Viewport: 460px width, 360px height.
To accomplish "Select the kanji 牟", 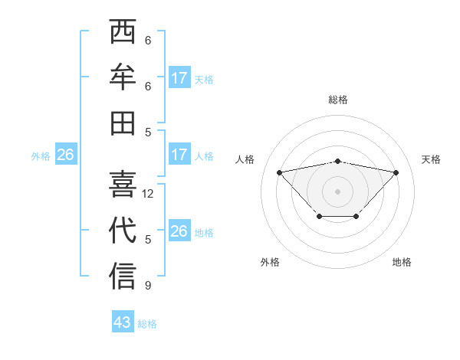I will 123,77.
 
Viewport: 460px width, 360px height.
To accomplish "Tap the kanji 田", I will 123,123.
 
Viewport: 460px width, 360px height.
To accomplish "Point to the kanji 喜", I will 123,183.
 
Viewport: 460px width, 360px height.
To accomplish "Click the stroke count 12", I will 148,194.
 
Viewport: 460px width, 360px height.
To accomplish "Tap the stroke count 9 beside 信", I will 148,286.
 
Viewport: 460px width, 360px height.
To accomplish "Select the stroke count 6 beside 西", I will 148,41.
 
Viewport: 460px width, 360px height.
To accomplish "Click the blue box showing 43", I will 123,322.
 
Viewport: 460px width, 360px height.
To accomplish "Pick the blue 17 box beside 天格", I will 179,78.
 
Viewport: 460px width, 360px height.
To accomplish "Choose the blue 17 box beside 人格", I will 179,155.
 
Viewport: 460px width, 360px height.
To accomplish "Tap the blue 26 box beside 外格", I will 65,155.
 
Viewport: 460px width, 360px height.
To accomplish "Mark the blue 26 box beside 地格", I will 179,231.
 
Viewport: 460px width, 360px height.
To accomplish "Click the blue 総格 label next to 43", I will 147,324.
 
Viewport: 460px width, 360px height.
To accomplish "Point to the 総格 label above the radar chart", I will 337,100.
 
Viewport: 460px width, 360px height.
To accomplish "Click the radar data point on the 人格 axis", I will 279,172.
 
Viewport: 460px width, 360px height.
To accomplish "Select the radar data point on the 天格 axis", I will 396,172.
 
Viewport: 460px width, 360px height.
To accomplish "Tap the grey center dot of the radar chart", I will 337,191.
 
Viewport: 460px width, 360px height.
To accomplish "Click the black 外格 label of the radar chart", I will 270,262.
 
